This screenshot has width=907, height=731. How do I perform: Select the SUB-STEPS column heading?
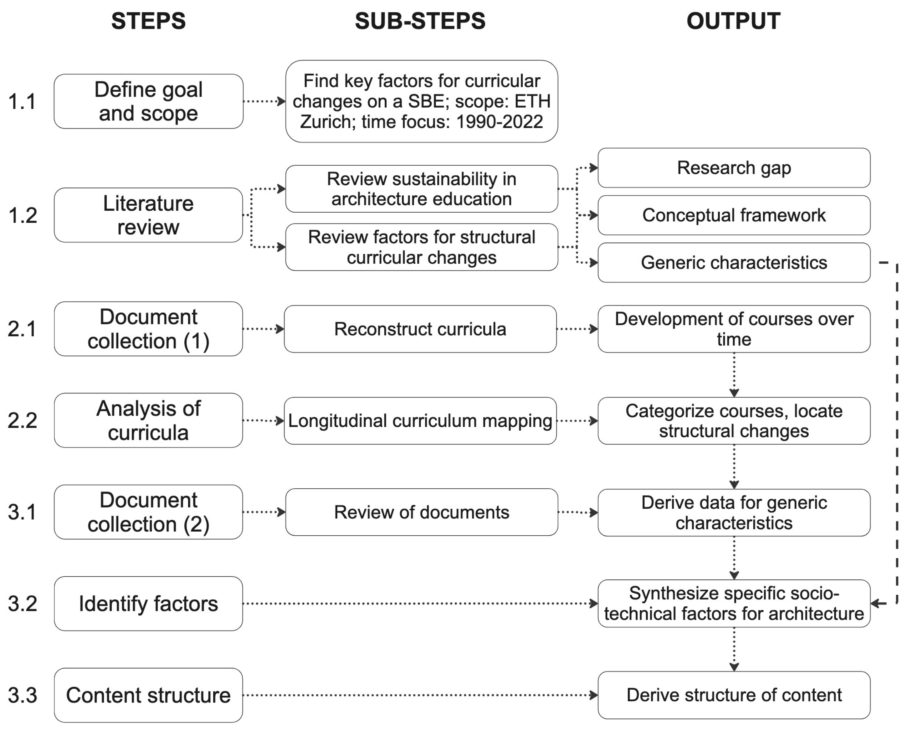click(420, 21)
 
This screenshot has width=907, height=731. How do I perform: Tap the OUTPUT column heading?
click(733, 21)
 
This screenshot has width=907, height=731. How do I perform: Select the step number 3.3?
click(22, 695)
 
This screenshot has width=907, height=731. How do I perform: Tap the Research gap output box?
click(734, 167)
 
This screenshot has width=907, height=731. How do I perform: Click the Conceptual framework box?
click(734, 215)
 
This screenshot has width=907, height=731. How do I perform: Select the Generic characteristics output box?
click(734, 263)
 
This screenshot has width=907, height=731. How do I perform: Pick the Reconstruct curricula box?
click(420, 329)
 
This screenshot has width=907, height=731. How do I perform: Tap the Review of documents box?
click(421, 512)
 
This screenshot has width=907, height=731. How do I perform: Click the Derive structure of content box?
click(734, 695)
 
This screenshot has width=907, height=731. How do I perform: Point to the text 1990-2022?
click(499, 122)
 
